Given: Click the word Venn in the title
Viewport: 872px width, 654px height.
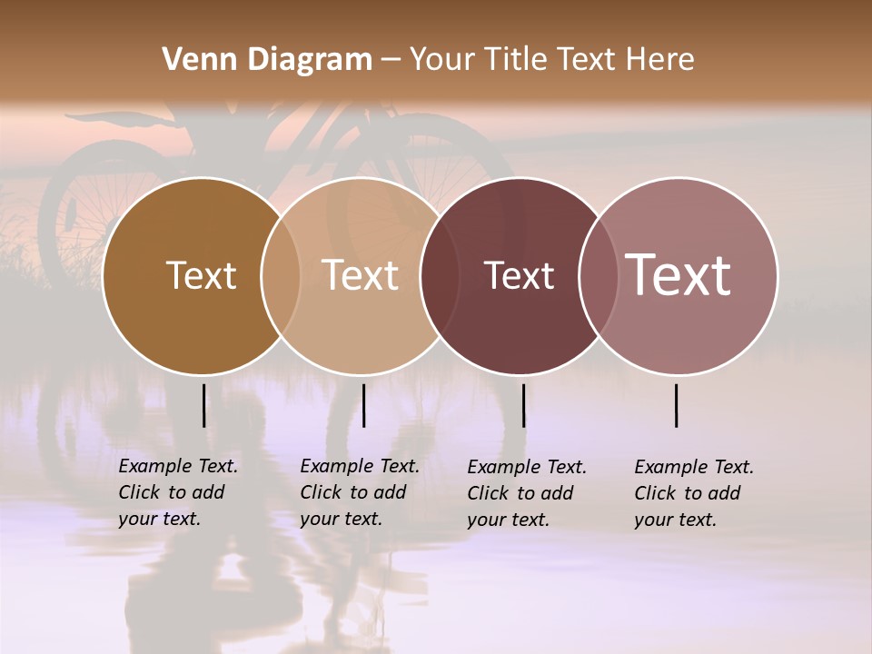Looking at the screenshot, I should [193, 60].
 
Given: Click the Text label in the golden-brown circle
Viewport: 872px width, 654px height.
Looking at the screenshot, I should [202, 275].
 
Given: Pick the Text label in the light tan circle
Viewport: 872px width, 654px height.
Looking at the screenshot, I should [361, 275].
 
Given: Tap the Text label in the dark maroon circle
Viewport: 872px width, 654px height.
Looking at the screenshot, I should [520, 275].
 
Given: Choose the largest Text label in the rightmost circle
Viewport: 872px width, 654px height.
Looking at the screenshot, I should [679, 275].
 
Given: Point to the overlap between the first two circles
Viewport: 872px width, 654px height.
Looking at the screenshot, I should [281, 275].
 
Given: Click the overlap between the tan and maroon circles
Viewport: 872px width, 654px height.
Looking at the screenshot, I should [440, 275].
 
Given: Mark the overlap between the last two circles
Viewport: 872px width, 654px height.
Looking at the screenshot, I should [598, 275].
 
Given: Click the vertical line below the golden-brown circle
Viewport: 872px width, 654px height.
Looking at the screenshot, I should [203, 405].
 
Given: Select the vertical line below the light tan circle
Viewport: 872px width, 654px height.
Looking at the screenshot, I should [363, 405].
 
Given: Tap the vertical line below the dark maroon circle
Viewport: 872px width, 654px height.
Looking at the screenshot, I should [523, 405].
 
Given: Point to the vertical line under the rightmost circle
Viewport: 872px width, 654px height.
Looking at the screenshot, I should [677, 405].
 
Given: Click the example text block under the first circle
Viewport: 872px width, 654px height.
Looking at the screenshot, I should [178, 492].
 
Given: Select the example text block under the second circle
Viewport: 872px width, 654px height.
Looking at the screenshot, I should [360, 492].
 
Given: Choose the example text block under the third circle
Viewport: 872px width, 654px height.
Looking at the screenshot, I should [527, 493].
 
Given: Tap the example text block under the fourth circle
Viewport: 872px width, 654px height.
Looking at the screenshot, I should [694, 493].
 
